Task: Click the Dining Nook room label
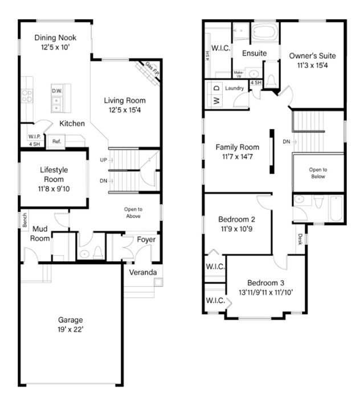click(x=55, y=38)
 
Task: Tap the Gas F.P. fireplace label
click(x=152, y=68)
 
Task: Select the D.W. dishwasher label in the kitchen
click(x=57, y=91)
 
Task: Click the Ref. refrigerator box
click(x=56, y=141)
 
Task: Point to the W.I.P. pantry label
click(x=35, y=137)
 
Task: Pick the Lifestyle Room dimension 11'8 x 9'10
click(x=54, y=189)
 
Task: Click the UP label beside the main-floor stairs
click(x=104, y=160)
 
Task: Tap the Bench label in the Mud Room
click(x=25, y=220)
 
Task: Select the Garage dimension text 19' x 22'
click(x=71, y=330)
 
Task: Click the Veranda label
click(x=143, y=272)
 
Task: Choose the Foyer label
click(x=146, y=240)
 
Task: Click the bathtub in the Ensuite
click(x=264, y=32)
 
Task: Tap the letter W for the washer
click(x=217, y=101)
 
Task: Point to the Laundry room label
click(x=234, y=88)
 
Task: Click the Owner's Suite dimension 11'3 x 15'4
click(x=312, y=65)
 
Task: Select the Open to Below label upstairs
click(x=318, y=173)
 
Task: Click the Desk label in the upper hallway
click(x=300, y=239)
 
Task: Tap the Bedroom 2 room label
click(x=237, y=219)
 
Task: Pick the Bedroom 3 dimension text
click(x=266, y=293)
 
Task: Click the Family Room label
click(x=238, y=147)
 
